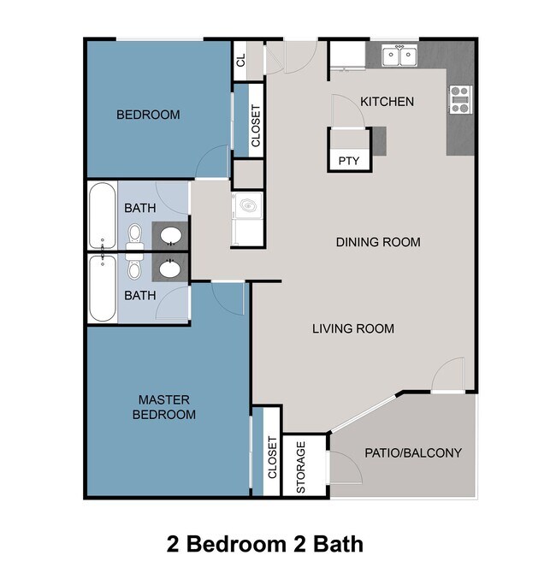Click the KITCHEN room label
(387, 102)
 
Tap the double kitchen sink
(399, 56)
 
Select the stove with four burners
(460, 100)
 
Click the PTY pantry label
(348, 160)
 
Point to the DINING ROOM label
(377, 242)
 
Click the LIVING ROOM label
(352, 328)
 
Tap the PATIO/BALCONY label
(413, 452)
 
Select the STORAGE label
(301, 467)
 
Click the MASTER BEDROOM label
(167, 407)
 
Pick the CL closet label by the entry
(240, 60)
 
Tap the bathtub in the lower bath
(101, 289)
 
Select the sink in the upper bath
(169, 234)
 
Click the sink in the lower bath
(169, 269)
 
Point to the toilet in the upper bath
(134, 233)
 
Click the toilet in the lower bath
(134, 269)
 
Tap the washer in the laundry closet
(248, 205)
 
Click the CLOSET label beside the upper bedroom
(256, 126)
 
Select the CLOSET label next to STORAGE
(272, 459)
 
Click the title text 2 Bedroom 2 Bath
(264, 543)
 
